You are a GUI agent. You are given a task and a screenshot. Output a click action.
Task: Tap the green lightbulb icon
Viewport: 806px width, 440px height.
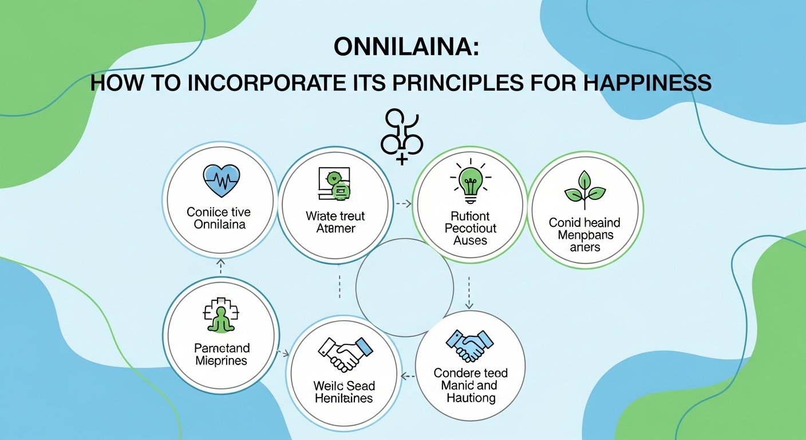coord(470,182)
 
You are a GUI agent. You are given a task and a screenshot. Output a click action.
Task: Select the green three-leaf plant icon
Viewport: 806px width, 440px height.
coord(584,190)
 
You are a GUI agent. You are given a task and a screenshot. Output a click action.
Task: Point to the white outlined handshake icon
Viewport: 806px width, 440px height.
coord(343,353)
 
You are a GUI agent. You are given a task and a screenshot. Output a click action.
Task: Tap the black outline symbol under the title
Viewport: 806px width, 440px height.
coord(402,135)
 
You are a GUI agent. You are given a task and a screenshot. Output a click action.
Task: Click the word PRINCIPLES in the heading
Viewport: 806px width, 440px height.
coord(455,83)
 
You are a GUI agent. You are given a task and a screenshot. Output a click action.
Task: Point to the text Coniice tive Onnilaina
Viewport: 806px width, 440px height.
coord(219,218)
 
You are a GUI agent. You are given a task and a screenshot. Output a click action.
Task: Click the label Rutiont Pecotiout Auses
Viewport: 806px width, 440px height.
coord(470,228)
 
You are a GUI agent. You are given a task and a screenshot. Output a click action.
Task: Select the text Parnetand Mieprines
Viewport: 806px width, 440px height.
coord(221,355)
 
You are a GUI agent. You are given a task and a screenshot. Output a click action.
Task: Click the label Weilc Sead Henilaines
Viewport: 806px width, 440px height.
coord(343,392)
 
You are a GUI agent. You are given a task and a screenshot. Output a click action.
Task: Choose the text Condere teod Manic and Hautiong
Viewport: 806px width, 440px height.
coord(469,385)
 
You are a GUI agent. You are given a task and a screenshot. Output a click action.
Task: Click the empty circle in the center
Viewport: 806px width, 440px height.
coord(404,287)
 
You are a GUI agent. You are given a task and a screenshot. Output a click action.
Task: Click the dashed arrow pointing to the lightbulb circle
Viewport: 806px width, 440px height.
coord(403,203)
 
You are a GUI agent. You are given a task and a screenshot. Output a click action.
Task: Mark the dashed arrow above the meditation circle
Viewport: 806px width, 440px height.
coord(221,265)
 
